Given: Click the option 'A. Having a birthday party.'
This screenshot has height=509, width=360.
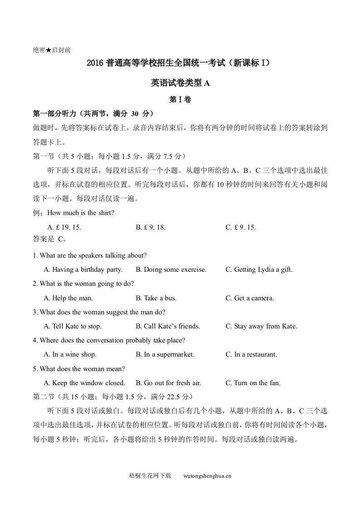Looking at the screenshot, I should click(x=83, y=269).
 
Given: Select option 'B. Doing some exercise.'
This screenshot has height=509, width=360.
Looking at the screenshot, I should click(x=171, y=269).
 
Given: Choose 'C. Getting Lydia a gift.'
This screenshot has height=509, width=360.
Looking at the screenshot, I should click(x=259, y=269).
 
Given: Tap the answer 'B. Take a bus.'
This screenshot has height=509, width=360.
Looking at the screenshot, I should click(x=156, y=298).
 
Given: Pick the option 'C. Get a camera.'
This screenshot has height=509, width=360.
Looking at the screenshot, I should click(x=250, y=298).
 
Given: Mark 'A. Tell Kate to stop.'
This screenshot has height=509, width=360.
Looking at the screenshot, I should click(x=73, y=326).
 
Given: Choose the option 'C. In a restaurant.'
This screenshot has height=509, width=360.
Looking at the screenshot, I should click(x=251, y=354).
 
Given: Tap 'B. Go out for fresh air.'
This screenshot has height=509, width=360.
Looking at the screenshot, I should click(x=168, y=383).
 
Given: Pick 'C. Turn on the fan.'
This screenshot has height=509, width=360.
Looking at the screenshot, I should click(x=253, y=383).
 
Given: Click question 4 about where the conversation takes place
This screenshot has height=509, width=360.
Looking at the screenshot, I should click(x=109, y=340).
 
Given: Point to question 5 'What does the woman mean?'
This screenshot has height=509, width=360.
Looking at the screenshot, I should click(x=79, y=368).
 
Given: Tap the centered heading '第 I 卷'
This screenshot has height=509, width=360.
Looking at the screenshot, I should click(x=180, y=100).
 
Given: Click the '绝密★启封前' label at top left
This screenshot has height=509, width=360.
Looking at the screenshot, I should click(x=52, y=50).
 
